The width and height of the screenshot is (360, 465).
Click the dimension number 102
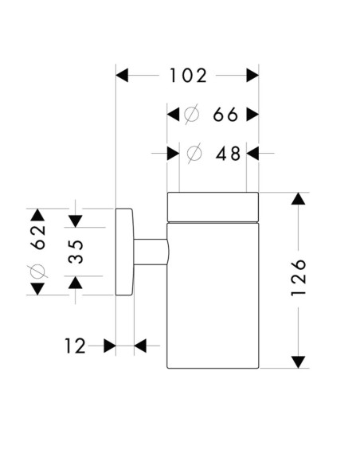(x=188, y=76)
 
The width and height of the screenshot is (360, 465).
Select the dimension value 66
(x=226, y=115)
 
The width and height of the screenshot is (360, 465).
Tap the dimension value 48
(x=228, y=154)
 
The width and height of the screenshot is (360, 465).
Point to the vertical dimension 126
(x=299, y=278)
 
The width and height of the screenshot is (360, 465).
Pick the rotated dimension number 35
(x=75, y=252)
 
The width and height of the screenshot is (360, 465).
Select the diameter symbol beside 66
(x=192, y=115)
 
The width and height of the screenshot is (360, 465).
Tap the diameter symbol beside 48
(x=194, y=154)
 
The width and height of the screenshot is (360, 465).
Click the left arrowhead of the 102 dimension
(x=123, y=76)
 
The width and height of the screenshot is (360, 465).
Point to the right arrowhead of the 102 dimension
(x=252, y=76)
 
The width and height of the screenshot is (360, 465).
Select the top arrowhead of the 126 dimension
(x=299, y=199)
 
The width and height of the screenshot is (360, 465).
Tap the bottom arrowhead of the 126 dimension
(x=299, y=362)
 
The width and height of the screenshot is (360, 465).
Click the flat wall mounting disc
(x=125, y=252)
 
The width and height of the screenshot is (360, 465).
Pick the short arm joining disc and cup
(x=151, y=252)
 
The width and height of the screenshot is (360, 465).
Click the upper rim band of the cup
(x=213, y=206)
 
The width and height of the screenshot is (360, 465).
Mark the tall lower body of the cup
(x=213, y=295)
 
